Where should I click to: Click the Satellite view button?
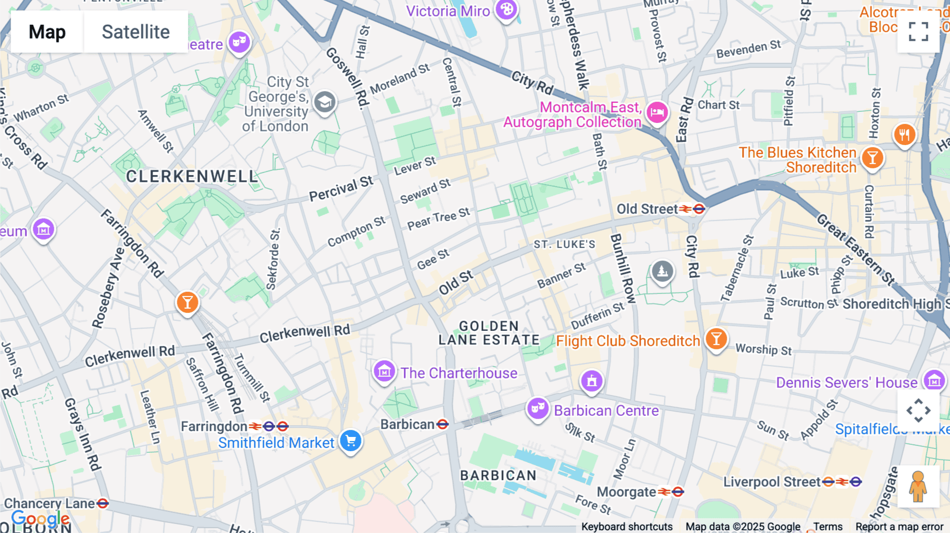(136, 32)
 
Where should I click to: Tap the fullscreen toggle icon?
(918, 32)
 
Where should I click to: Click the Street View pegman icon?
(918, 487)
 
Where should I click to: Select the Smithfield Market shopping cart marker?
(350, 441)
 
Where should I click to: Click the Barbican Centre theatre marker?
(538, 408)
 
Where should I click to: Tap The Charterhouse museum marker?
(384, 371)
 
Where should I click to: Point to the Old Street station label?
(647, 210)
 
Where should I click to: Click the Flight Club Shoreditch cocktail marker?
(716, 339)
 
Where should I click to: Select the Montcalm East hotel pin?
(657, 112)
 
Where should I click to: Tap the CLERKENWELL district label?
(192, 177)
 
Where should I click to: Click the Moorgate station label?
(626, 492)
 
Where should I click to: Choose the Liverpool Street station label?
(771, 482)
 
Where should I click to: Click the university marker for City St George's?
(325, 101)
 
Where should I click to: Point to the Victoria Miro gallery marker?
(507, 9)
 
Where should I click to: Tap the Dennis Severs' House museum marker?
(934, 380)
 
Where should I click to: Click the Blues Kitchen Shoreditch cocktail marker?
(872, 157)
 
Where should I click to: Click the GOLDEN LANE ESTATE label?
(489, 333)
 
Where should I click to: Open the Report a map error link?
(899, 527)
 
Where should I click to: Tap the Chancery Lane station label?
(50, 503)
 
